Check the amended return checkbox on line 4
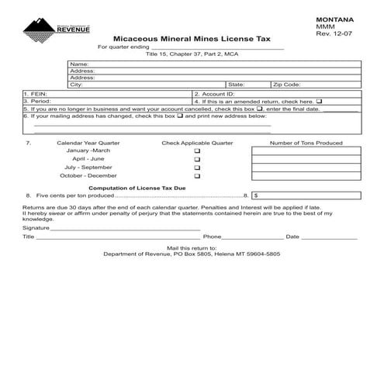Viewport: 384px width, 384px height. [x=319, y=102]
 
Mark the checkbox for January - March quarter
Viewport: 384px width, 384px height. [x=197, y=150]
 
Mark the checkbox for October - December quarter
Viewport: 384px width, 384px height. [x=197, y=176]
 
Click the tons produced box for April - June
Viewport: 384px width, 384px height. [x=306, y=159]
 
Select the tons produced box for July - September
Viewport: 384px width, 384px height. [x=306, y=168]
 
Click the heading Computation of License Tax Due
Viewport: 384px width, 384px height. [x=137, y=188]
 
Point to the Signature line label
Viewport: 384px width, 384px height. [x=36, y=228]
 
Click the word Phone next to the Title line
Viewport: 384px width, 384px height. [x=213, y=237]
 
